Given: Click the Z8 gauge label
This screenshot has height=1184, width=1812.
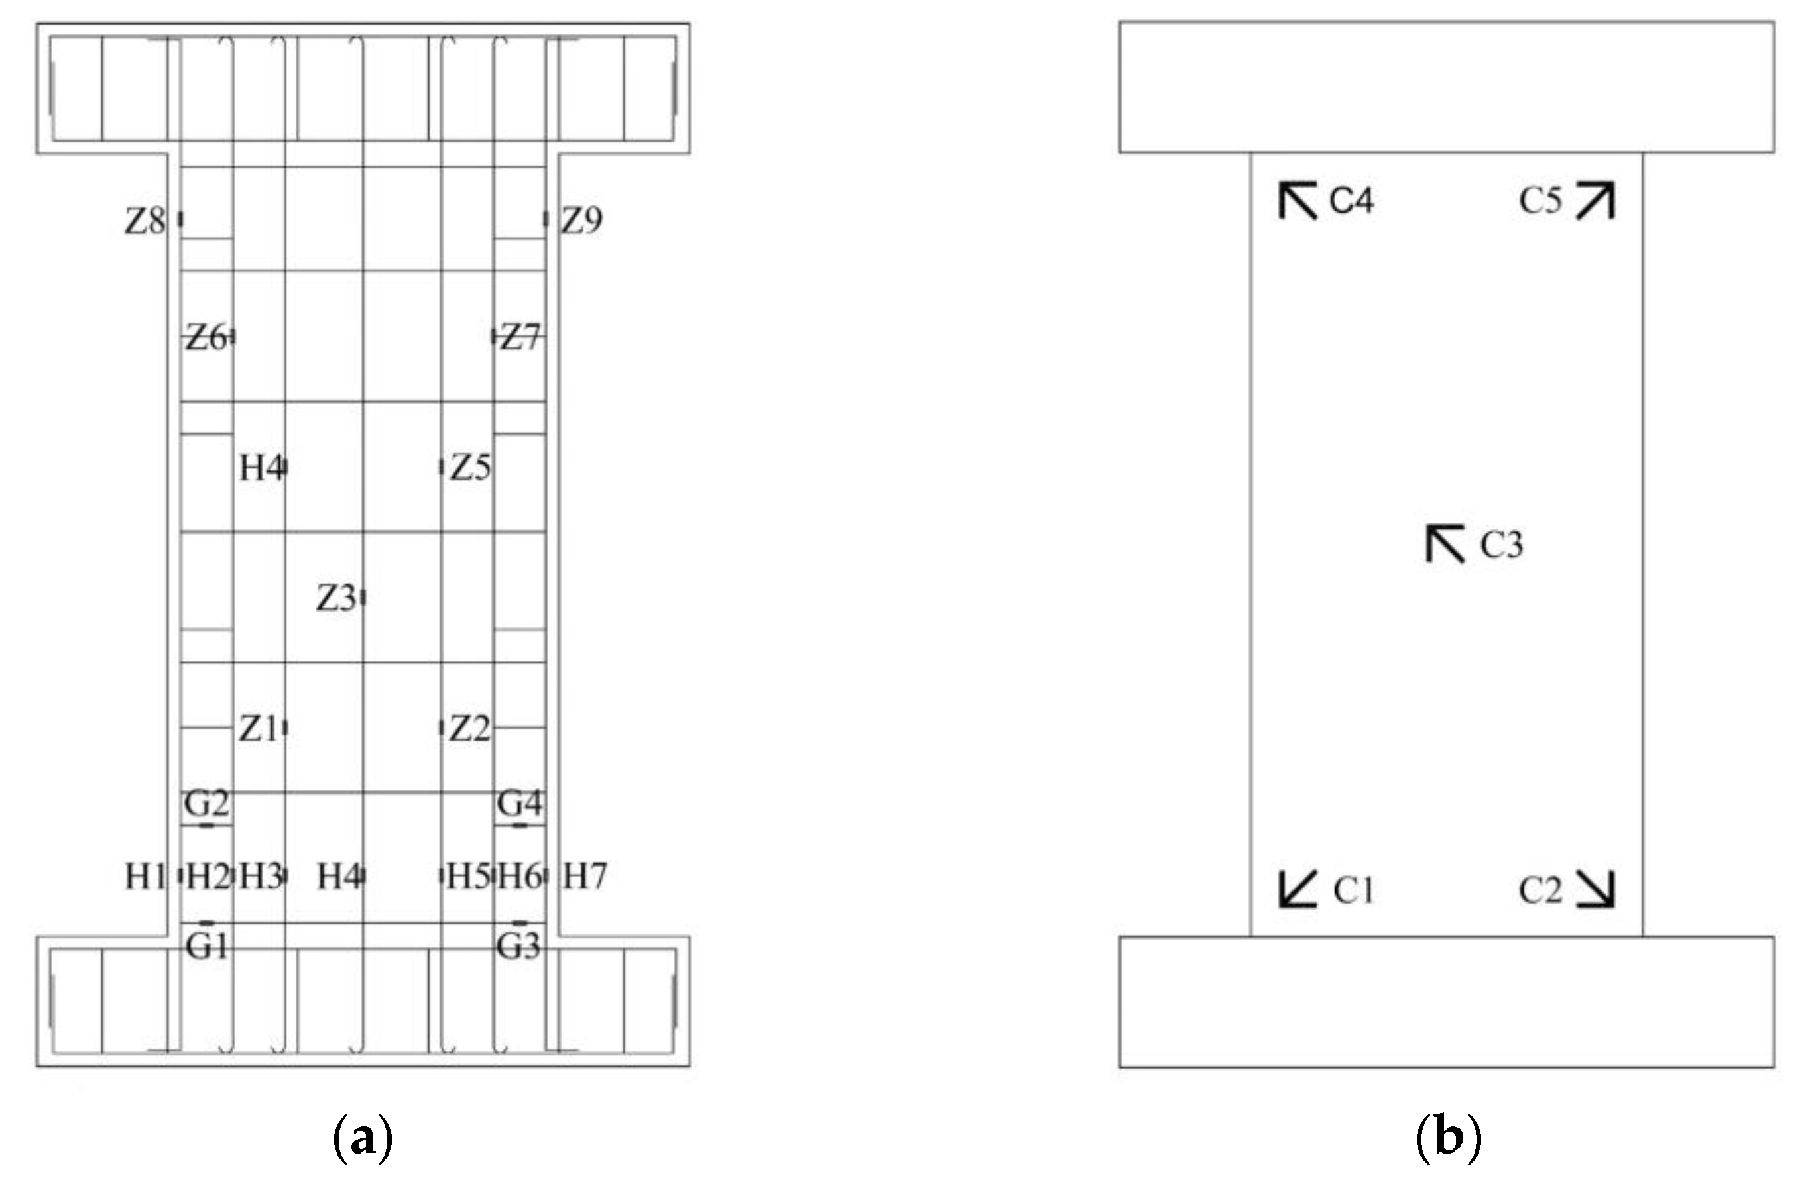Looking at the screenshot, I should point(145,221).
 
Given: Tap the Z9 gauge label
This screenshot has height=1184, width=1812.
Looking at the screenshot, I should point(581,221).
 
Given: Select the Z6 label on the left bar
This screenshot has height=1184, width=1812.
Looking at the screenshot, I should point(206,337).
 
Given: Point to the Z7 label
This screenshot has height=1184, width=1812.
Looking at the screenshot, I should point(519,337).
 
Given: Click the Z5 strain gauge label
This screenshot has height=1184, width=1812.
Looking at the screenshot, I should point(470,468).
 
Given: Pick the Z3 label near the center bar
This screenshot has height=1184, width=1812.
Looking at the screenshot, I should point(335,599).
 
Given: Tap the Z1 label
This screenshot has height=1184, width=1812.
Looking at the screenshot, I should point(258,729).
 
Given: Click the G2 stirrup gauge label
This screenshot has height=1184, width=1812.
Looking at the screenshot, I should point(206,804).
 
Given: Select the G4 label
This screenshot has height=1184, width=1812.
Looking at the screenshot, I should point(519,804).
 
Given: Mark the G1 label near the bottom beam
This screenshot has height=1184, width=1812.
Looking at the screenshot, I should point(206,947).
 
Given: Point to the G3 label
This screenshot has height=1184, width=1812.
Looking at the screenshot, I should point(518,947).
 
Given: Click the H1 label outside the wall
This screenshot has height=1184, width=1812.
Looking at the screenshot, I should point(145,877).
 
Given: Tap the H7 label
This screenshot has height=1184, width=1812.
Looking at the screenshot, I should point(584,877).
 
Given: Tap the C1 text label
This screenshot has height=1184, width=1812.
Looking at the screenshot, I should point(1353,890).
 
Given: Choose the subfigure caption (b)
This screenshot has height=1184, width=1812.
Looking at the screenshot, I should point(1448,1138).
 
